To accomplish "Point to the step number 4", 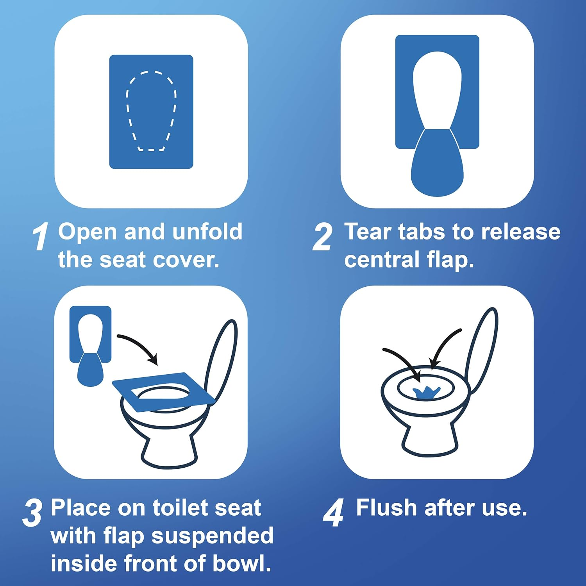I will click(333, 513).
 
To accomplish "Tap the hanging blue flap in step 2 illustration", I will click(437, 168).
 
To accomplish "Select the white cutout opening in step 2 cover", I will click(437, 86).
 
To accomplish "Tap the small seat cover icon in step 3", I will click(90, 344).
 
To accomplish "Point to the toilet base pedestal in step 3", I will click(168, 449).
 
